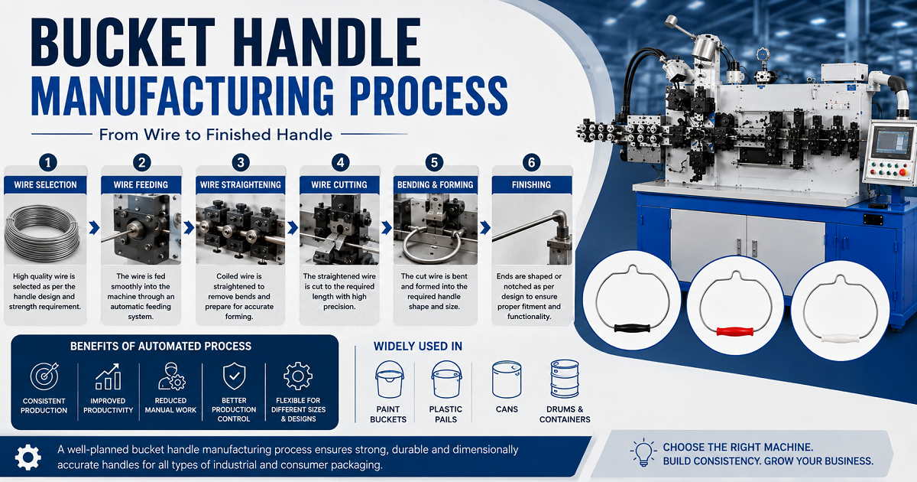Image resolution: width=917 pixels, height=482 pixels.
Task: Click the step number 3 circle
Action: click(241, 163)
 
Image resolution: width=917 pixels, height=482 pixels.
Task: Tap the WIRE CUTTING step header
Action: click(339, 185)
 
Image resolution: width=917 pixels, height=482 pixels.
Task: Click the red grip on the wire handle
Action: click(735, 331)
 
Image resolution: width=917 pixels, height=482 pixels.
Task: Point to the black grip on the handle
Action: click(632, 328)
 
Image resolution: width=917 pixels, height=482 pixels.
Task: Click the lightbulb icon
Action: click(643, 452)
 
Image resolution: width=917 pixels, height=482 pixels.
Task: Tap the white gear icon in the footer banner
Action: click(28, 458)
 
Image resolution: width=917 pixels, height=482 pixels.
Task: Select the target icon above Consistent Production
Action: click(44, 376)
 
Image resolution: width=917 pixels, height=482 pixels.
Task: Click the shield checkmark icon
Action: click(234, 376)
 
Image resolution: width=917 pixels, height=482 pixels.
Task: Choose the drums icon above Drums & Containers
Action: click(565, 379)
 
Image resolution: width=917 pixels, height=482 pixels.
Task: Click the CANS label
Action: click(507, 409)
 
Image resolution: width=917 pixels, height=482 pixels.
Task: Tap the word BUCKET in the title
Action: click(123, 42)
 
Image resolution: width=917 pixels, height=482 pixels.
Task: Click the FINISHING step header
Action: click(531, 185)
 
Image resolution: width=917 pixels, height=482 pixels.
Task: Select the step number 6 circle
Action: click(531, 163)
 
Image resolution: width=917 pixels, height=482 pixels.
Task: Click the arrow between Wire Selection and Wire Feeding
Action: click(94, 228)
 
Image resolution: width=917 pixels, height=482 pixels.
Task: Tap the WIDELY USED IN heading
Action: click(417, 347)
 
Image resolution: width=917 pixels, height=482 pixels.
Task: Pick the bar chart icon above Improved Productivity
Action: click(108, 376)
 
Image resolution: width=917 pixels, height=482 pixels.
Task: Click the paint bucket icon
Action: click(389, 379)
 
